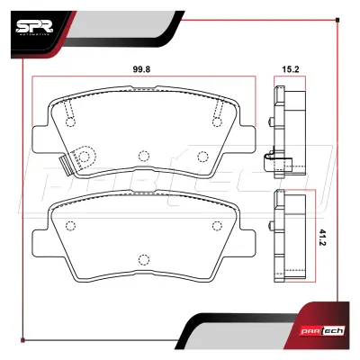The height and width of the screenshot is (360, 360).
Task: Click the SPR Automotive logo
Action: (34, 28)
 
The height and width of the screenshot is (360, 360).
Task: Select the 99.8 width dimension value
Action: (141, 69)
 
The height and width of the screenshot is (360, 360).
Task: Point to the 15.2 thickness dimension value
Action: (291, 69)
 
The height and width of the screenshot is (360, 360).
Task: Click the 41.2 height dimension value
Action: (322, 238)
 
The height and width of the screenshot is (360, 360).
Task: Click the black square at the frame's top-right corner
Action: (337, 20)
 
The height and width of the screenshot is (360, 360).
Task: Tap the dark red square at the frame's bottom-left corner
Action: (22, 340)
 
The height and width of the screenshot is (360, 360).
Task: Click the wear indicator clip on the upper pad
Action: (66, 166)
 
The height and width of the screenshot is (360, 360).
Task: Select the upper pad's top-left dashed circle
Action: (70, 122)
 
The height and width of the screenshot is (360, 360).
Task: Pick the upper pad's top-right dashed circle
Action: (217, 122)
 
